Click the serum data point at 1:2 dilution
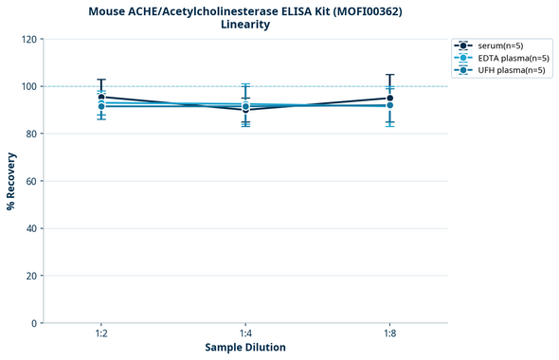click(x=101, y=97)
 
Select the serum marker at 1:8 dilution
click(x=389, y=98)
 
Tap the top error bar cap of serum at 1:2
click(x=101, y=80)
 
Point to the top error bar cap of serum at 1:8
click(x=389, y=75)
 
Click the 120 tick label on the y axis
click(x=28, y=39)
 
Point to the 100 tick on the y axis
click(x=28, y=86)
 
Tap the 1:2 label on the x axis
click(x=101, y=333)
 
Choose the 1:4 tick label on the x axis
click(x=245, y=333)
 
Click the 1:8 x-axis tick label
click(x=389, y=333)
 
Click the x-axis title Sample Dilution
click(x=245, y=348)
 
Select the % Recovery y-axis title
click(x=11, y=180)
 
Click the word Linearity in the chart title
click(x=244, y=25)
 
